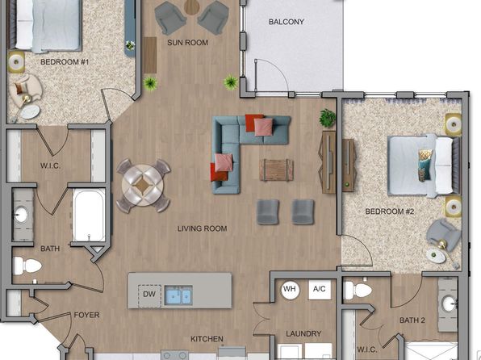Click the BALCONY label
(287, 22)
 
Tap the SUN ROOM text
(188, 43)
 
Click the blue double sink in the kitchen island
(178, 295)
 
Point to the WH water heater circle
(290, 290)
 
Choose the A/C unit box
(320, 290)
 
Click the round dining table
(143, 186)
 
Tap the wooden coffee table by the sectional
(276, 170)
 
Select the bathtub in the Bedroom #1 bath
(89, 215)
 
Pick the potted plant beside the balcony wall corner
(231, 82)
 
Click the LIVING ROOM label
(202, 228)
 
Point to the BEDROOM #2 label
(390, 211)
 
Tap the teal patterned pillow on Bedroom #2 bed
(425, 165)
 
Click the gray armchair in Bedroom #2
(444, 234)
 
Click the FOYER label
(87, 315)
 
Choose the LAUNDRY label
(303, 333)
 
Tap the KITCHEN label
(207, 339)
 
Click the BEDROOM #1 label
(65, 62)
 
